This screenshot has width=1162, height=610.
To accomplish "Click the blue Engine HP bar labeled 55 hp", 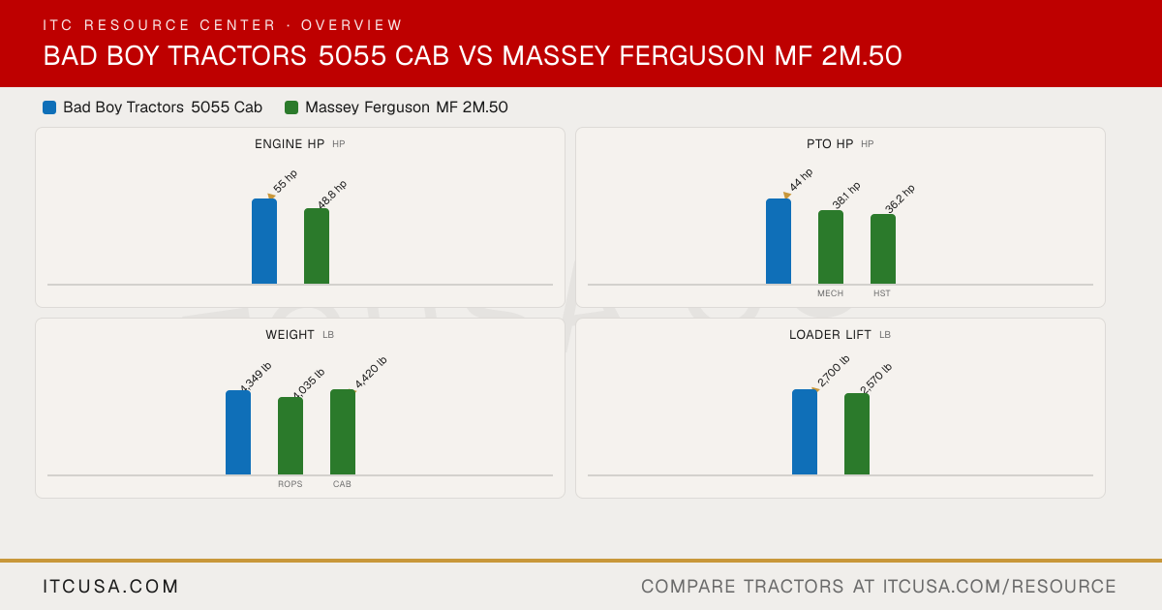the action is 264,241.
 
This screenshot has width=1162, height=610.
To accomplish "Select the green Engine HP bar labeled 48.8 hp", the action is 317,246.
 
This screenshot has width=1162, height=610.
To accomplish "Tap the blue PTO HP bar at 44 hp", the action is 779,241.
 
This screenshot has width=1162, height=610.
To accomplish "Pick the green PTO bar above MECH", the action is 831,247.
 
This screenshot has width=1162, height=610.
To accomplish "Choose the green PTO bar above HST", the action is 883,249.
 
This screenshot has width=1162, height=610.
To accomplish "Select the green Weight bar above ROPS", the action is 290,436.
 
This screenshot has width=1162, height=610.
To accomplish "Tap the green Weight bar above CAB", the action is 343,432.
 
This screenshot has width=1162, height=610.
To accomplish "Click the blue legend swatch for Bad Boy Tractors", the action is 49,107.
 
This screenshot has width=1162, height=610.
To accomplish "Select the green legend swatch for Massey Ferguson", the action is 291,107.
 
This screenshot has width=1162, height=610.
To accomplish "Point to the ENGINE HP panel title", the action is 290,143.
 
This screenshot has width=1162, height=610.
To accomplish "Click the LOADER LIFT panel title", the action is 830,335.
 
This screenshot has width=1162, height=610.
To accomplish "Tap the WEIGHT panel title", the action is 290,335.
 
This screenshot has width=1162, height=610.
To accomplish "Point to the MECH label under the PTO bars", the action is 831,293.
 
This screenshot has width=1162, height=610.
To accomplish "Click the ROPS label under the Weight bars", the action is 290,484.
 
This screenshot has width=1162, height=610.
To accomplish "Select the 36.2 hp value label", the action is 900,198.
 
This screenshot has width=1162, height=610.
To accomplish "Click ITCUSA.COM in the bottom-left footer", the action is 110,586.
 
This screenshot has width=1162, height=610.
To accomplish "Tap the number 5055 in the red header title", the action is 352,55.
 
